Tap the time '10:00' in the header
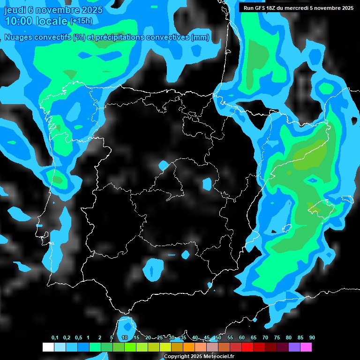coord(19,21)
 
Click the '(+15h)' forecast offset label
coord(81,21)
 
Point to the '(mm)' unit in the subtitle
coord(200,37)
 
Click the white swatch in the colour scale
coord(48,347)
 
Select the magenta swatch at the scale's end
coord(306,347)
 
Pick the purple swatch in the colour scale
coord(294,347)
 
